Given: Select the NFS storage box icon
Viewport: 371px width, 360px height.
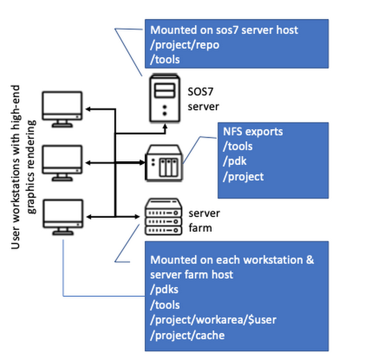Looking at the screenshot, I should [164, 163].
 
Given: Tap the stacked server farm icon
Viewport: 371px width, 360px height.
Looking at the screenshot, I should [164, 217].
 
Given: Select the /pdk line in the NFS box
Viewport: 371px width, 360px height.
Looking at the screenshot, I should [234, 161].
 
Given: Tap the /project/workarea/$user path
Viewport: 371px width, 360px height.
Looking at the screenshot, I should [213, 320].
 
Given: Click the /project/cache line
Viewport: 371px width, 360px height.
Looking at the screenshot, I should [187, 335].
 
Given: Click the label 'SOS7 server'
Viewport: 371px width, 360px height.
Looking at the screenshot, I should [203, 99].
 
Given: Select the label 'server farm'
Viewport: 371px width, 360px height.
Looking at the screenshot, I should [204, 220].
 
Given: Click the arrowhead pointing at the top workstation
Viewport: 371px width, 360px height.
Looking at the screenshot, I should [88, 109].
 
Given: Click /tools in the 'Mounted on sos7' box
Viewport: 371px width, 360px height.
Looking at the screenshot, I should [165, 59].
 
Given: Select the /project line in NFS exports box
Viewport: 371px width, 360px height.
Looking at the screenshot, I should [243, 177].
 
